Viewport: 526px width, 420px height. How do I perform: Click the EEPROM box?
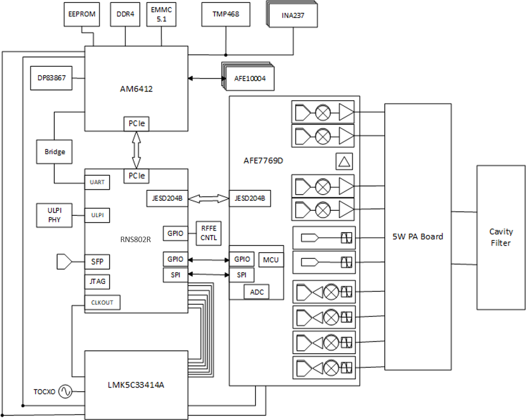82,14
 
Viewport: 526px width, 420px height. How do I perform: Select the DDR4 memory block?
125,14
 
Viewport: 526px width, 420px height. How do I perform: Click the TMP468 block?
226,14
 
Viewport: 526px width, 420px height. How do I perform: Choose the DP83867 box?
51,78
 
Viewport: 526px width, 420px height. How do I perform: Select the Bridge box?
54,151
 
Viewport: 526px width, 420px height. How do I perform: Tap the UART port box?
97,182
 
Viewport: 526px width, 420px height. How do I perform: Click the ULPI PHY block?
54,215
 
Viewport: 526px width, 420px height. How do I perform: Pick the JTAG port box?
97,281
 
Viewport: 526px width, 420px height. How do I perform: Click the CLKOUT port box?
102,302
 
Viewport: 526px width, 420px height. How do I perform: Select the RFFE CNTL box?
209,233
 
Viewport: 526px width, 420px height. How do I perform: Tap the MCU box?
270,260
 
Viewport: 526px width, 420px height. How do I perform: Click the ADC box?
257,292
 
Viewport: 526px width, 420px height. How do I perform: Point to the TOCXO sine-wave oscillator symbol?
65,391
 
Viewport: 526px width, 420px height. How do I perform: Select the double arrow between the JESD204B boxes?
208,199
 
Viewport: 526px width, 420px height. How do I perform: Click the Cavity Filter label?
501,238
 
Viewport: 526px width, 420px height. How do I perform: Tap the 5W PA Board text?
418,236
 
